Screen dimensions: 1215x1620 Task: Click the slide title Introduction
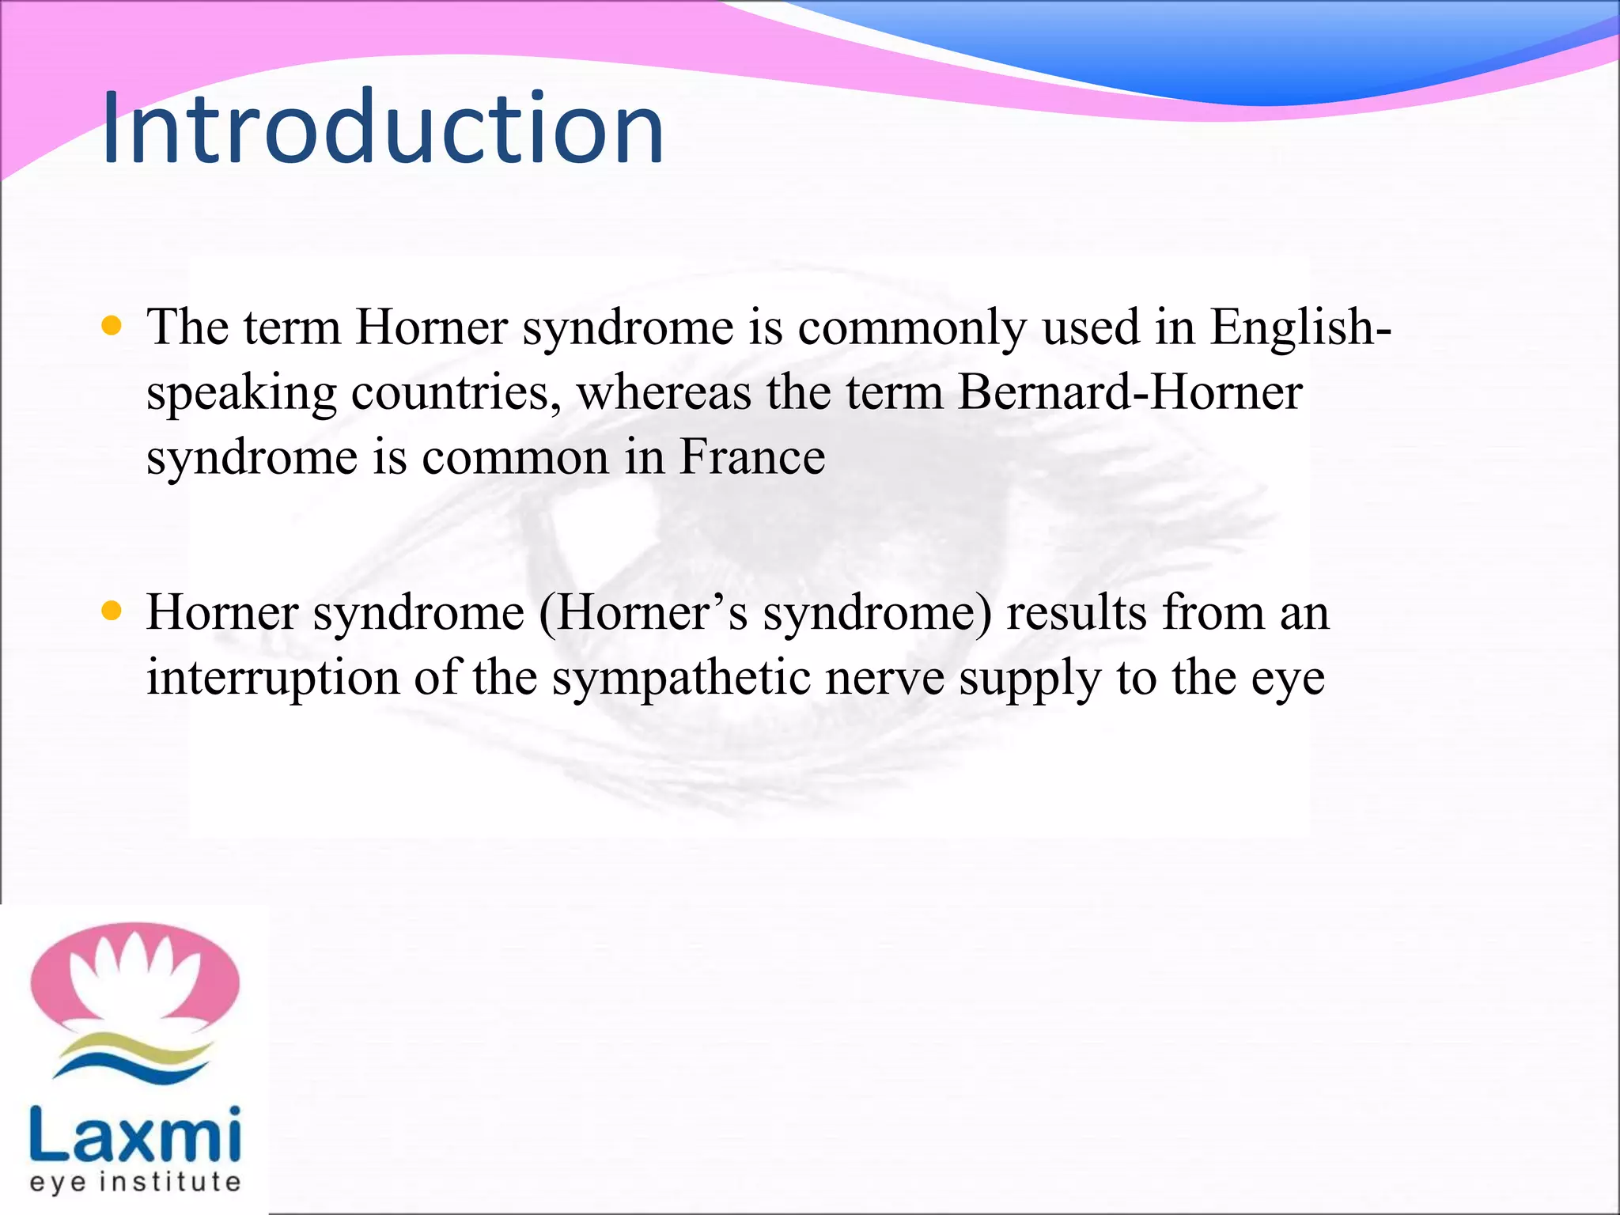point(383,128)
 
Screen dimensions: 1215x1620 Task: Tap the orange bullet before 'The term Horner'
point(112,326)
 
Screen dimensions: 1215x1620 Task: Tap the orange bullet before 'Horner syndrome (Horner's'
point(112,611)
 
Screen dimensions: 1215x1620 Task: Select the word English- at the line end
point(1300,327)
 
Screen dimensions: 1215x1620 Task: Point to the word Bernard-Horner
point(1130,392)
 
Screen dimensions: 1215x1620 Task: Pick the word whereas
point(664,392)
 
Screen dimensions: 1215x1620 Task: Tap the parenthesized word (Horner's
point(643,614)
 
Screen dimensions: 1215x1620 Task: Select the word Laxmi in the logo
point(134,1135)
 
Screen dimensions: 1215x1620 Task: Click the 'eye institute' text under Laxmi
point(134,1183)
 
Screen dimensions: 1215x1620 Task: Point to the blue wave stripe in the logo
point(134,1067)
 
